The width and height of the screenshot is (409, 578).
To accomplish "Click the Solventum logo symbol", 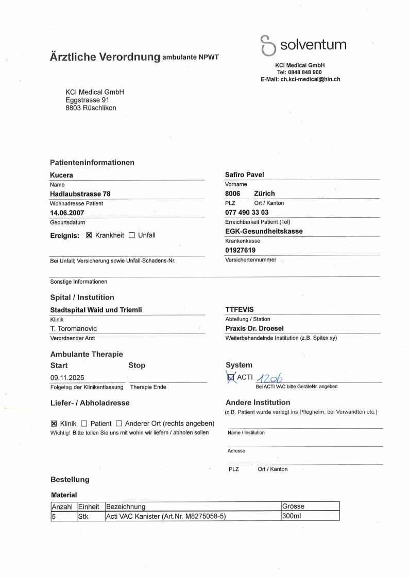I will (268, 45).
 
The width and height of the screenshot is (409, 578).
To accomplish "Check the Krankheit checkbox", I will (89, 235).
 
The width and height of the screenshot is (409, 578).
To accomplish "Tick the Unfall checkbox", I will (131, 235).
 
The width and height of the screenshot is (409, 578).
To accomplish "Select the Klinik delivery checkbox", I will (54, 424).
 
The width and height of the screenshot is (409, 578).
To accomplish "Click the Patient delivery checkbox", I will (84, 424).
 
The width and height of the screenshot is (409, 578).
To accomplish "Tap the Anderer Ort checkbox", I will (118, 424).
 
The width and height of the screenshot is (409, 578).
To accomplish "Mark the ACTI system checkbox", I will (230, 378).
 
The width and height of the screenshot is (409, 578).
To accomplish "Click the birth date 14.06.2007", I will (67, 213).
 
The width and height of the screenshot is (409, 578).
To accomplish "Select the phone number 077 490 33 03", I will (247, 213).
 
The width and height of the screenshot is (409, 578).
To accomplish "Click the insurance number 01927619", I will (241, 251).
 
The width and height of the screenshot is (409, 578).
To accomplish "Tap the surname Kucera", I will (61, 175).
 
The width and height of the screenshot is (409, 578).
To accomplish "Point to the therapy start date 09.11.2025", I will (68, 378).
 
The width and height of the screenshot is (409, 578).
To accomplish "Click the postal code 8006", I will (232, 194).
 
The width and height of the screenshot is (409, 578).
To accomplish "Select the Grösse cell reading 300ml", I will (292, 516).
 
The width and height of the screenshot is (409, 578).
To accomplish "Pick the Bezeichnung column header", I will (126, 506).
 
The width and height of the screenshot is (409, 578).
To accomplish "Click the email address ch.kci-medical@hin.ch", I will (310, 79).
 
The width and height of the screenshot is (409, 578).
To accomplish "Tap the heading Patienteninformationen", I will (92, 162).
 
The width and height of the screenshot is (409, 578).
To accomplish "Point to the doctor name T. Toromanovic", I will (73, 328).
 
